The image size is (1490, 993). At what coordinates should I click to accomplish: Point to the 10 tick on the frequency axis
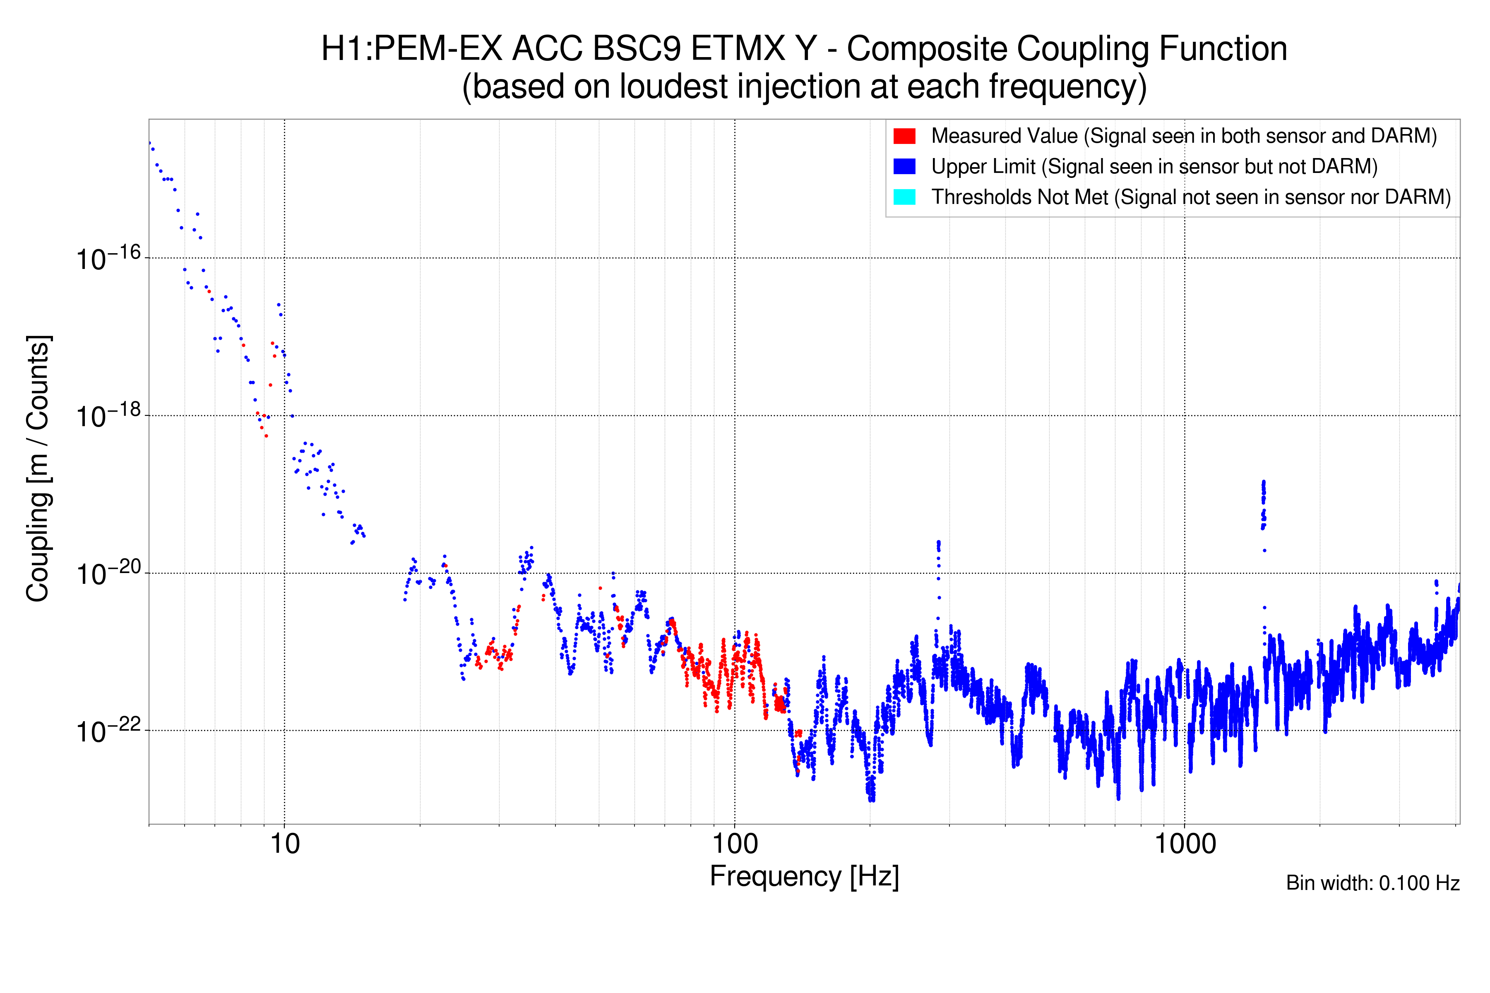coord(284,844)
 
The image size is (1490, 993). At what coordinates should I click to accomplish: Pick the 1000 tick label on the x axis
coord(1184,844)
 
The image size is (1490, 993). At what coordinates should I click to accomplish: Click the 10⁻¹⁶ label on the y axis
coord(108,258)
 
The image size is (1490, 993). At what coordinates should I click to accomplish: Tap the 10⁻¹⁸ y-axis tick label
coord(108,416)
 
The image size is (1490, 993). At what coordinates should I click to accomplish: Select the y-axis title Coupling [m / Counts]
coord(38,469)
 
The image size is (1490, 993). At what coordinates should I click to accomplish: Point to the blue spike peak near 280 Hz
coord(938,543)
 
